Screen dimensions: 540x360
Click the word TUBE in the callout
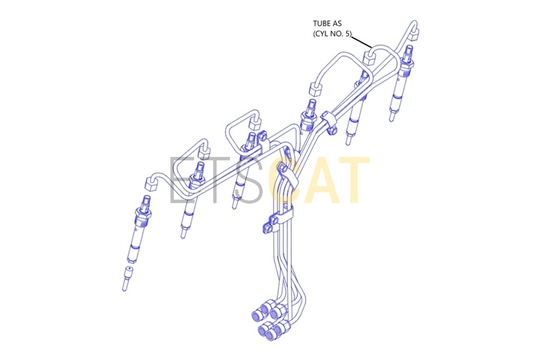[322, 23]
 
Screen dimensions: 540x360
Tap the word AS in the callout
[337, 23]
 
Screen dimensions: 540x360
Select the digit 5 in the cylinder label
[348, 34]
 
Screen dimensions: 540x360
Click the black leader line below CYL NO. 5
[361, 41]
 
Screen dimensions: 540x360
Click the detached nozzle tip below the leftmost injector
[127, 278]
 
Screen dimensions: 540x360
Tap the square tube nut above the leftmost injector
[151, 183]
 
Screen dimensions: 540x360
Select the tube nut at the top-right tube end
[415, 33]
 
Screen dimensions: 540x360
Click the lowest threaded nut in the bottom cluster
[272, 334]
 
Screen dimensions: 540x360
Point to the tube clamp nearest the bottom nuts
[278, 222]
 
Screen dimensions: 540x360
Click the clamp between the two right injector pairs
[328, 121]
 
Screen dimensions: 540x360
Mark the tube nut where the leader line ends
[369, 57]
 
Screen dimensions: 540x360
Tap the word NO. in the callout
[337, 34]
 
